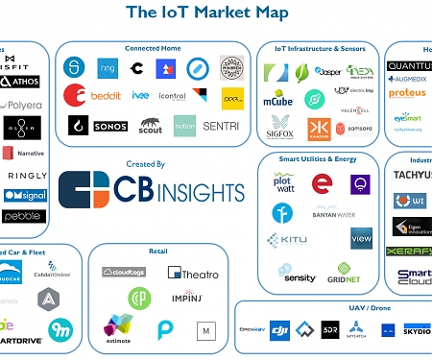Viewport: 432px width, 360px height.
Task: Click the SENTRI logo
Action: point(223,125)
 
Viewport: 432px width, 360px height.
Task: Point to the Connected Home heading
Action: point(154,48)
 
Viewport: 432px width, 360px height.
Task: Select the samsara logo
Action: point(360,128)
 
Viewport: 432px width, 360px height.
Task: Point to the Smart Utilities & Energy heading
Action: point(319,157)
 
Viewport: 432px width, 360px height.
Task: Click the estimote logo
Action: point(119,324)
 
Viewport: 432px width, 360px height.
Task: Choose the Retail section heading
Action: point(158,252)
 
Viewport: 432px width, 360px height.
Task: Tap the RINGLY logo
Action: point(26,176)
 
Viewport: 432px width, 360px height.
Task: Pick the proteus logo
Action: point(407,93)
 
